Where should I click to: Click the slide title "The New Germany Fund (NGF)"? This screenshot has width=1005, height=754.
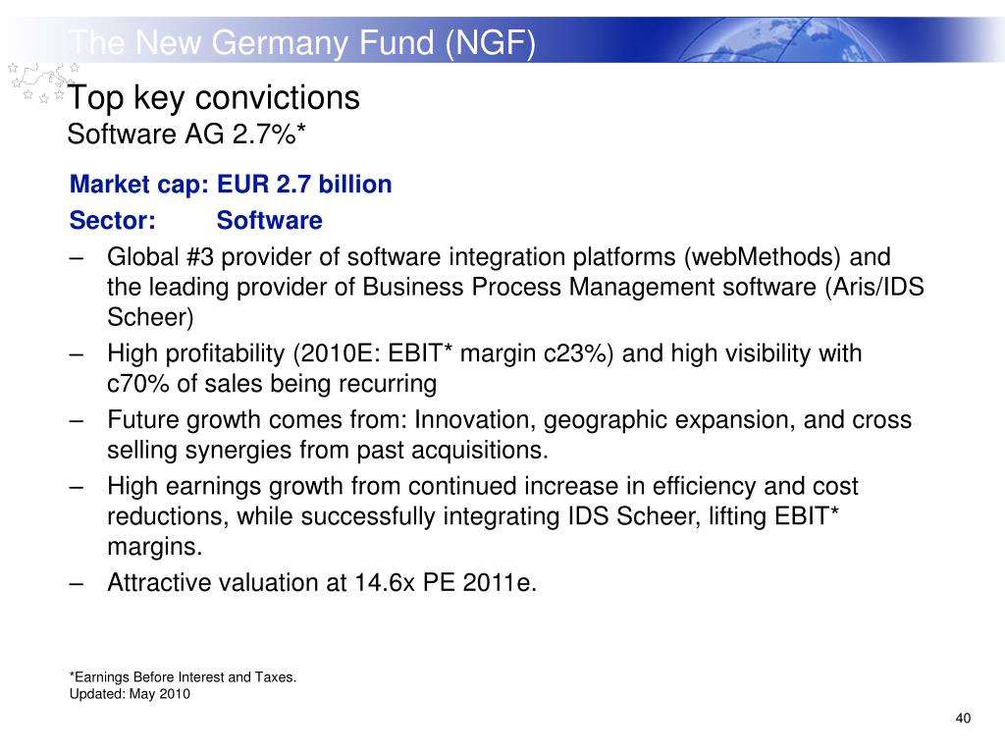point(302,43)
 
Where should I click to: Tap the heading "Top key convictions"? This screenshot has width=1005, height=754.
point(213,98)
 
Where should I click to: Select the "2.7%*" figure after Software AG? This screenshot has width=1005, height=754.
point(269,134)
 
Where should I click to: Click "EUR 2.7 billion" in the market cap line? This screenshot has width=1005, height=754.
point(304,184)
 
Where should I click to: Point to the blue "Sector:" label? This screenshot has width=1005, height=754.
point(113,221)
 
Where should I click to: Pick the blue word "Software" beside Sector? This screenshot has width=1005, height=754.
point(269,221)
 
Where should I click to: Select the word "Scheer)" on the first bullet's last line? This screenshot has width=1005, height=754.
point(150,317)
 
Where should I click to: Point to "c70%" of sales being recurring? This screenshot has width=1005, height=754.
point(138,384)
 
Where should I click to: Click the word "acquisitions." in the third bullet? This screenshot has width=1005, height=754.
point(480,450)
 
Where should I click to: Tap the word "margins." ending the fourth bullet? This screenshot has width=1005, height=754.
point(154,547)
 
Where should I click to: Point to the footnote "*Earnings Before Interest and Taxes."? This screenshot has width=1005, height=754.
point(183,677)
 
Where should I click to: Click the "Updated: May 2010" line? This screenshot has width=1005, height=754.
point(130,694)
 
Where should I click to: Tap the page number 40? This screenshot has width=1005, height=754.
point(963,718)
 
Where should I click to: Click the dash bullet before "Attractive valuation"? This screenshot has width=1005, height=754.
point(77,584)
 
